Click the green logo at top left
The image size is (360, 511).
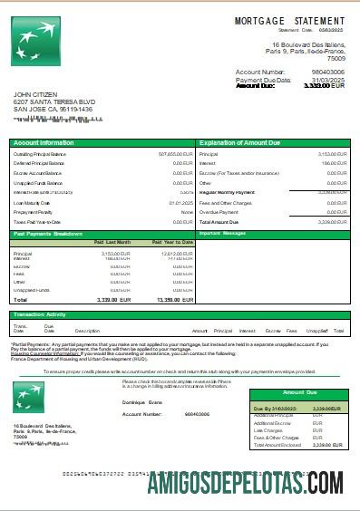tap(34, 41)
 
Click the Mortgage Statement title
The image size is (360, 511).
tap(289, 20)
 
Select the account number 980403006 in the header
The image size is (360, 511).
tap(328, 71)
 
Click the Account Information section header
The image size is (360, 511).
tap(44, 143)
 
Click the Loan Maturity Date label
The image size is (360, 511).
tap(34, 202)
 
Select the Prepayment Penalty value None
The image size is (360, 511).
tap(187, 212)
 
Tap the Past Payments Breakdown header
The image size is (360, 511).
tap(49, 234)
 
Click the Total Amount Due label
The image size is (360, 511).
tap(219, 221)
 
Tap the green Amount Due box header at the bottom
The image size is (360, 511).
tap(299, 392)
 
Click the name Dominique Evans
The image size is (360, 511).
tap(142, 401)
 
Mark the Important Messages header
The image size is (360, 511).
tap(222, 233)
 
